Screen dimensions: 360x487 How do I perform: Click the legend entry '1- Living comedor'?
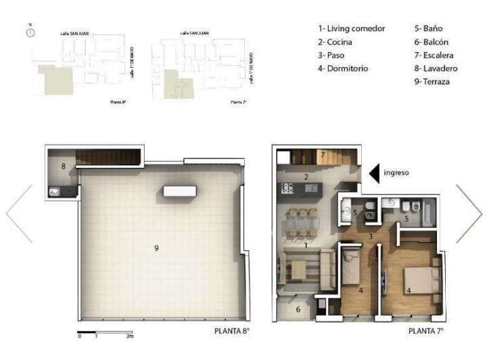pyautogui.click(x=352, y=28)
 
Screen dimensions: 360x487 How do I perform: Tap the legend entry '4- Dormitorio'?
pyautogui.click(x=343, y=68)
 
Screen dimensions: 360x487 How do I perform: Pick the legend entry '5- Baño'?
pyautogui.click(x=429, y=28)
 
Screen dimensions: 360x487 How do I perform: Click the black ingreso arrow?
pyautogui.click(x=373, y=173)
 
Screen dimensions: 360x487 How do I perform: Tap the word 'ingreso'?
pyautogui.click(x=396, y=173)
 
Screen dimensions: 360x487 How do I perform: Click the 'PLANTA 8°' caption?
pyautogui.click(x=231, y=332)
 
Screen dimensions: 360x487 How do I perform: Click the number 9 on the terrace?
pyautogui.click(x=156, y=248)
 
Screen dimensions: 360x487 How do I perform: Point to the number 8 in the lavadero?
pyautogui.click(x=62, y=165)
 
